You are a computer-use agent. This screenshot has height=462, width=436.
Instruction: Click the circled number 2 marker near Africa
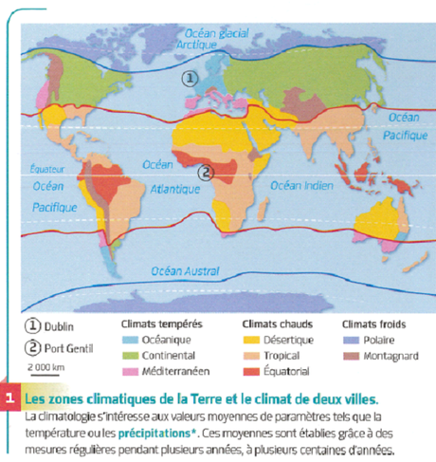(x=204, y=172)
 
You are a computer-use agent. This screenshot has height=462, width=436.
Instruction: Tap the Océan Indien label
(x=300, y=185)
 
